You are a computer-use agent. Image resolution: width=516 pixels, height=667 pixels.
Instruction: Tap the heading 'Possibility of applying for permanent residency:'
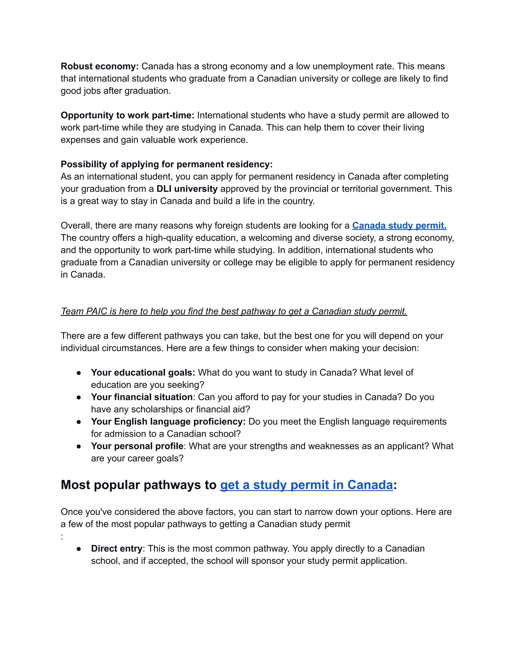coord(167,164)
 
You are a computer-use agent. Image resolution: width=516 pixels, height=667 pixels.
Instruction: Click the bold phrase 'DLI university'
coord(187,189)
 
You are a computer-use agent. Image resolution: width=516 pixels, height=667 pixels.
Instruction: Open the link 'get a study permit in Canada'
coord(306,485)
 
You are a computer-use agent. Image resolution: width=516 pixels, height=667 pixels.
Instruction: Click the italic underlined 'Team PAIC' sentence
coord(234,311)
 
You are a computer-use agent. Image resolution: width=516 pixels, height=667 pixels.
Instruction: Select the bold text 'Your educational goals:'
coord(143,373)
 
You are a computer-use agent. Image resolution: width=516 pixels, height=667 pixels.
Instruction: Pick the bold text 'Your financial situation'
coord(142,397)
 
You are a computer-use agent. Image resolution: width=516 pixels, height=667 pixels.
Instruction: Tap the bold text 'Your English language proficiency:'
coord(168,421)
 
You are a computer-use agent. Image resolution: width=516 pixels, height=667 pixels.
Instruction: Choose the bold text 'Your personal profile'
coord(137,446)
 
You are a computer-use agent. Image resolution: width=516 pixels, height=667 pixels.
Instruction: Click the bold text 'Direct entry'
coord(117,548)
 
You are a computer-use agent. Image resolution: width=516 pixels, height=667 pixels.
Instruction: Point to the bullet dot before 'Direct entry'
coord(79,549)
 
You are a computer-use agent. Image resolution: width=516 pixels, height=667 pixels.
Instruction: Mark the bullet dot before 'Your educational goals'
coord(79,373)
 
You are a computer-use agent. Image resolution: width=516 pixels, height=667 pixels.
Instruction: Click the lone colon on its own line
coord(62,537)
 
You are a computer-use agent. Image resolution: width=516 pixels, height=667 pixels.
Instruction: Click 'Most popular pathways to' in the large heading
coord(139,485)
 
